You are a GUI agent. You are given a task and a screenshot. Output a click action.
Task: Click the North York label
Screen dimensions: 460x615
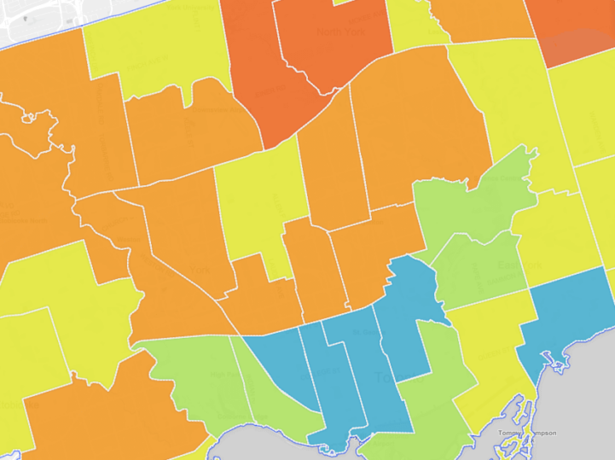[334, 32]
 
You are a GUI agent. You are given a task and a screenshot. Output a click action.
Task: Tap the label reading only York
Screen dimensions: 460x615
[200, 270]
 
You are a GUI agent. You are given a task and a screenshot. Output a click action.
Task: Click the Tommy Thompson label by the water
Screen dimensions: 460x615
[528, 433]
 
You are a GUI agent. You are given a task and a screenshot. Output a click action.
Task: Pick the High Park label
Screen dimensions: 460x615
[224, 374]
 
